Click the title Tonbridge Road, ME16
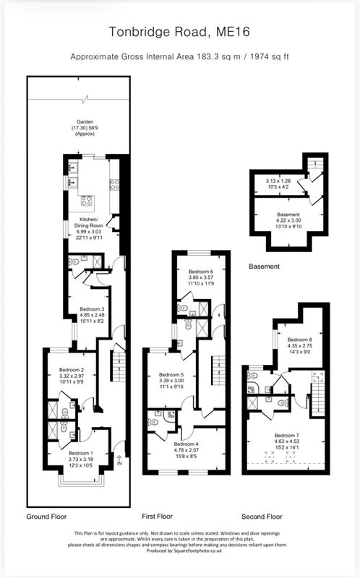(179, 32)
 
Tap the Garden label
(85, 121)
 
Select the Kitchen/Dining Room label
(89, 223)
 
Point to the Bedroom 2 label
(72, 370)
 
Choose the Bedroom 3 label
(92, 309)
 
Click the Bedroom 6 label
(201, 272)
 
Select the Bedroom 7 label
(287, 436)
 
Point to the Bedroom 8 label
(300, 340)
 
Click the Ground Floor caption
(46, 517)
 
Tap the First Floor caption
(157, 517)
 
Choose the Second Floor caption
(262, 517)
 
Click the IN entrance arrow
(119, 460)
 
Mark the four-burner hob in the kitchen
(87, 201)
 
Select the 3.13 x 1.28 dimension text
(278, 181)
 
